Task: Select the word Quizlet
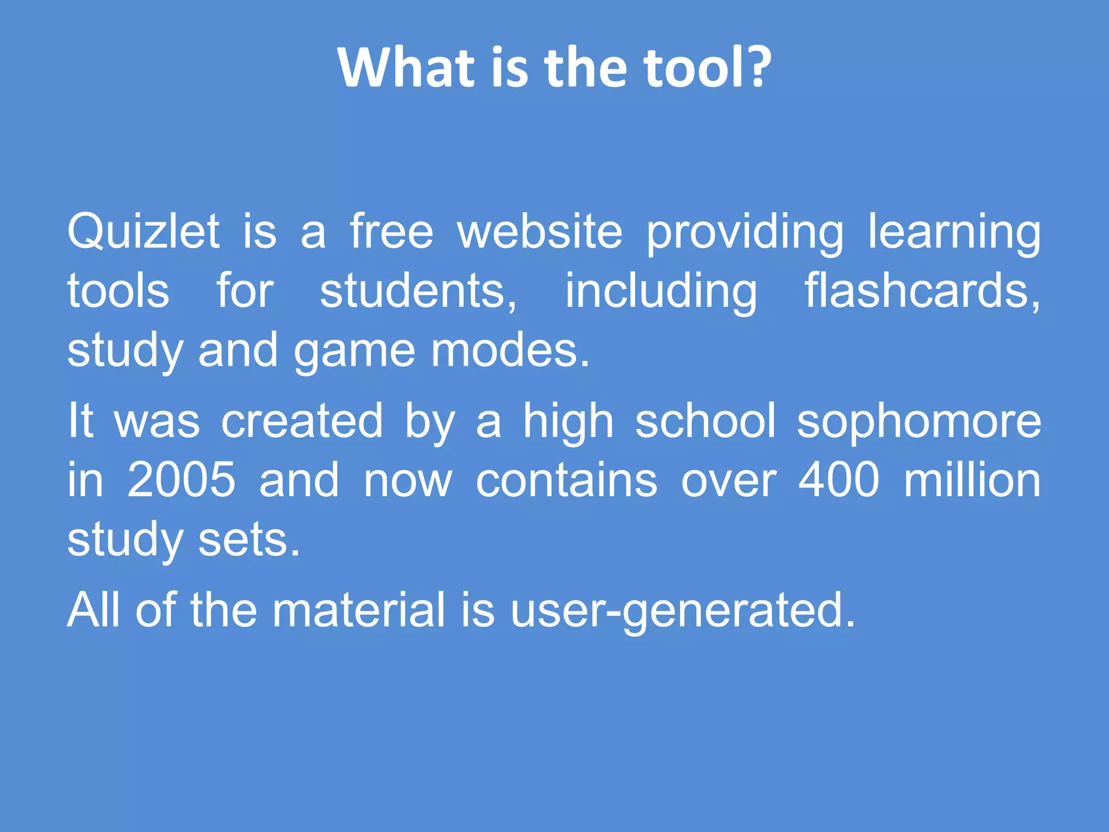click(143, 232)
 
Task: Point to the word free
click(392, 232)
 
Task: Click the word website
click(540, 232)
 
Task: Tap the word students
click(417, 291)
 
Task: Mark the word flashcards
click(921, 291)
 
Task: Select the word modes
click(509, 351)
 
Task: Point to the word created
click(302, 421)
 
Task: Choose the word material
click(358, 610)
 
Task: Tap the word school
click(706, 421)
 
